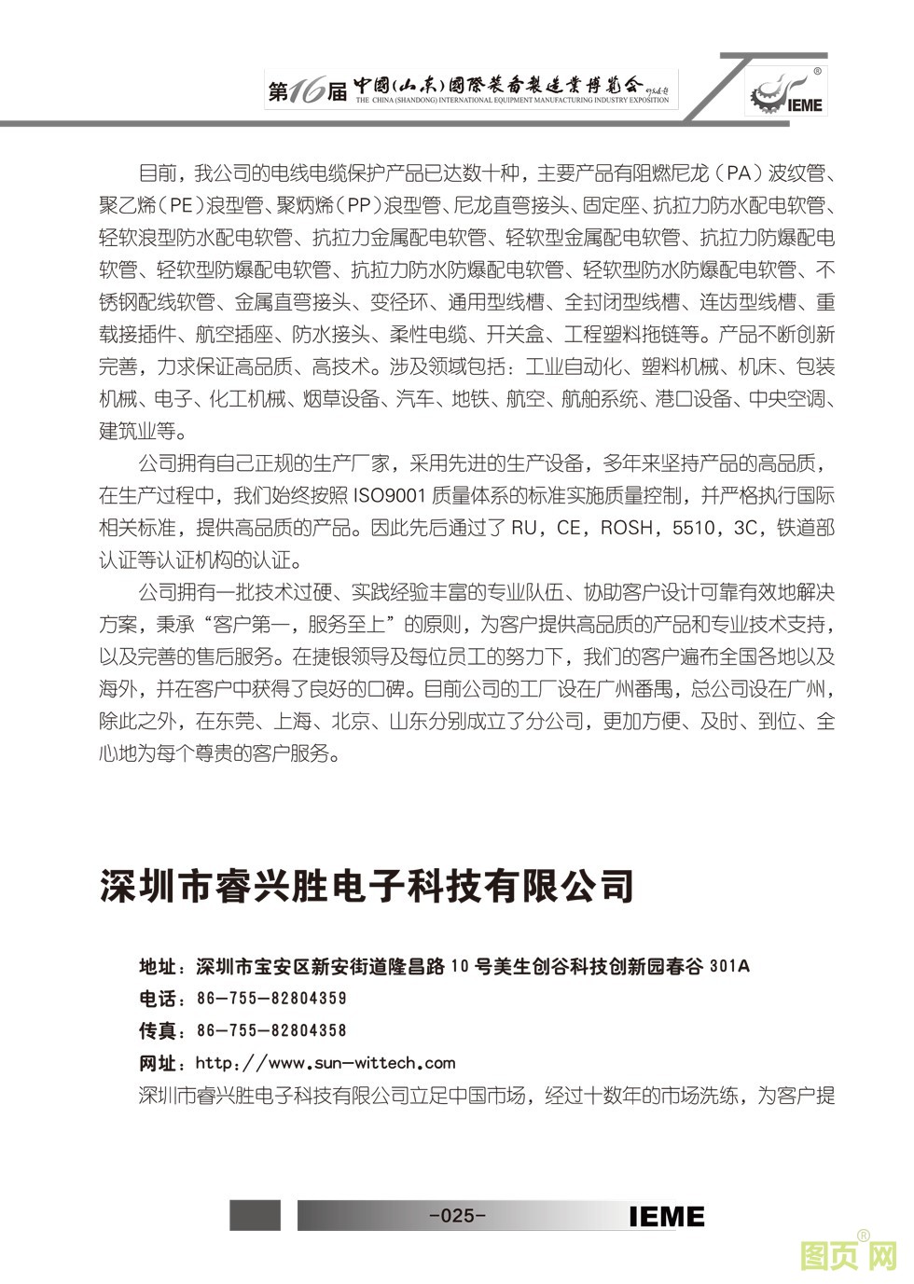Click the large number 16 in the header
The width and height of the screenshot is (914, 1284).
point(306,91)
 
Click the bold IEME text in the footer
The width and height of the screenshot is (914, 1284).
point(667,1216)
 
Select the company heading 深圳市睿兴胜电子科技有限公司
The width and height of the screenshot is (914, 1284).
point(367,886)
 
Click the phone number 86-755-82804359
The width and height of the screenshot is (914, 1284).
point(271,998)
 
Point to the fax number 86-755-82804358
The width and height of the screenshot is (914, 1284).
point(271,1030)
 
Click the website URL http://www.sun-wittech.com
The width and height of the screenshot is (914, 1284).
point(325,1062)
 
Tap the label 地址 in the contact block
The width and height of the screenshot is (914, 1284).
point(157,966)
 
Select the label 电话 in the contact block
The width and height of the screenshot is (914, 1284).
point(157,999)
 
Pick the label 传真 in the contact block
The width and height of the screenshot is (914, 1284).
point(157,1030)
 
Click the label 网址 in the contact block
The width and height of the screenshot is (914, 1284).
point(157,1063)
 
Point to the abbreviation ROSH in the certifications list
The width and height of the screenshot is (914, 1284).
point(626,528)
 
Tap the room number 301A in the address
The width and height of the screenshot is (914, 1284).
point(729,966)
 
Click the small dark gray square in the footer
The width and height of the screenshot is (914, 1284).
point(255,1215)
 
